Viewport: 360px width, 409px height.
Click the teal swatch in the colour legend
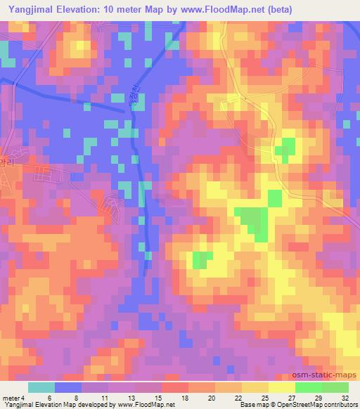click(41, 387)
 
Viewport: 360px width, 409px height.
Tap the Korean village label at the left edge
click(7, 160)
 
